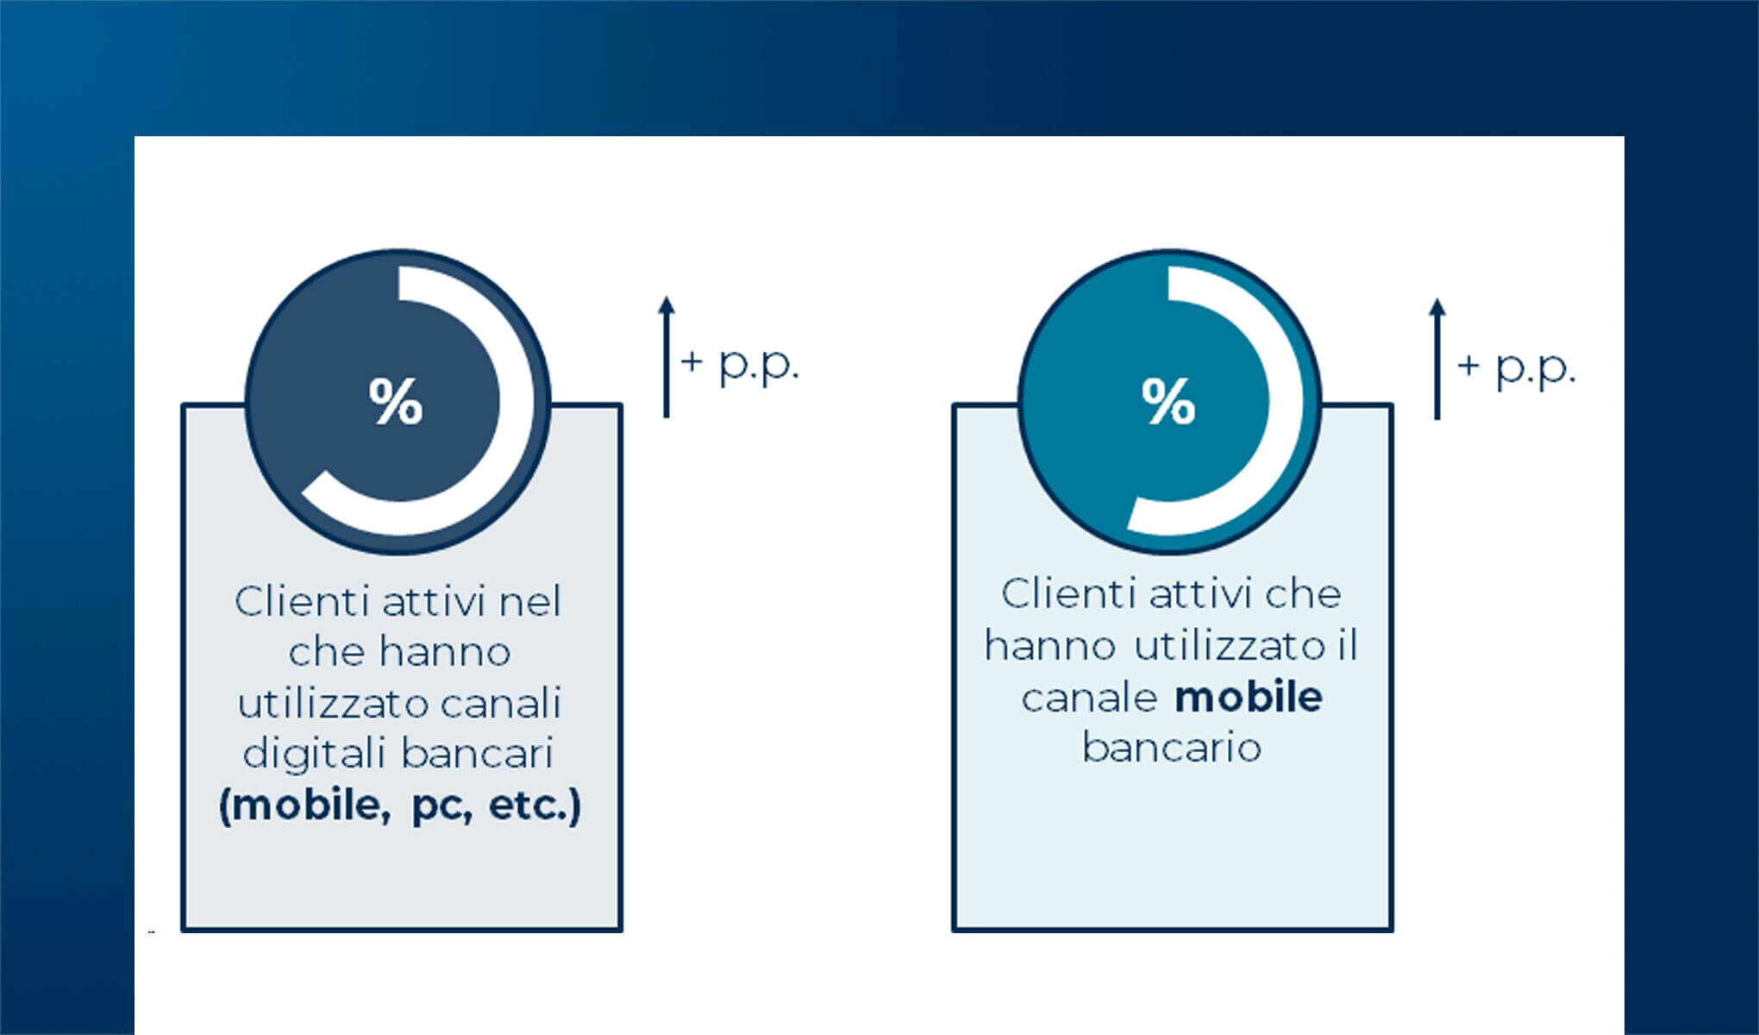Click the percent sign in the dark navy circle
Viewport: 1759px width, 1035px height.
click(x=396, y=401)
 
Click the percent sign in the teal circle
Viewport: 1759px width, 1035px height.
click(x=1168, y=401)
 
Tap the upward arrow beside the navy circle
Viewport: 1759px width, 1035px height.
click(x=666, y=357)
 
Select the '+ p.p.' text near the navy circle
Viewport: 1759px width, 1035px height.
click(x=741, y=363)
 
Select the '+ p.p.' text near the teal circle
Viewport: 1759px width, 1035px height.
click(x=1517, y=367)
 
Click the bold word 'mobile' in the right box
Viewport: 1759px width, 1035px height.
click(x=1249, y=697)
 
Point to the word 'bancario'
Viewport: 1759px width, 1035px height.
click(x=1172, y=748)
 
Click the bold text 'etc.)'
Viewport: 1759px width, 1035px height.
click(x=535, y=806)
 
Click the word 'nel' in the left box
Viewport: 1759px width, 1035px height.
click(x=530, y=601)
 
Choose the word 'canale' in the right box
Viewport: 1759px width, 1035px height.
click(x=1089, y=698)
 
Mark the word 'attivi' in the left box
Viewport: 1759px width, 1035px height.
click(x=435, y=601)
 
